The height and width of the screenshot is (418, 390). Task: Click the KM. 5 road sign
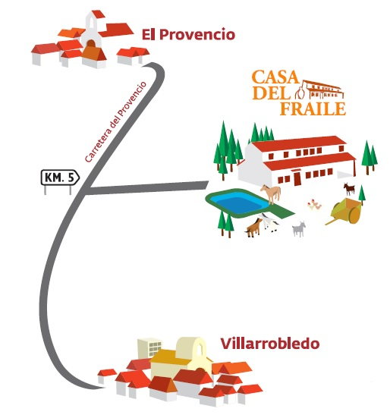coord(60,178)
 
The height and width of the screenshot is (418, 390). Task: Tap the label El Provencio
coord(188,35)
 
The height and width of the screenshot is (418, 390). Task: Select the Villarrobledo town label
coord(270,344)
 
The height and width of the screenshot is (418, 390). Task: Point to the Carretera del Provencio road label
coord(115,121)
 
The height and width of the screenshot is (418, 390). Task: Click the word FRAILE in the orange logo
coord(313,108)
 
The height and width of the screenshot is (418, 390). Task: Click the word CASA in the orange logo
coord(275,77)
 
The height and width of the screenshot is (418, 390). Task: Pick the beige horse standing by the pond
coord(271,193)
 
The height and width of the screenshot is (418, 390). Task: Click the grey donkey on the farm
coord(299,229)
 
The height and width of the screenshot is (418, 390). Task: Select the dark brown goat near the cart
coord(349,189)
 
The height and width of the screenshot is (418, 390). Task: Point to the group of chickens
coord(314,205)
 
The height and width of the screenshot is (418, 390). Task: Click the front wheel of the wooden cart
coord(354,215)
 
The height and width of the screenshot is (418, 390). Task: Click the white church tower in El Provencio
coord(92,30)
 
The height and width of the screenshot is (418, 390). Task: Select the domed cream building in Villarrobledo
coord(192,349)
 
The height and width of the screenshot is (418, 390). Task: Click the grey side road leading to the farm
coord(147,187)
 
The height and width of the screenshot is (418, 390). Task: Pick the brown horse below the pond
coord(253,228)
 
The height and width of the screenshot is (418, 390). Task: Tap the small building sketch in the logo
coord(319,90)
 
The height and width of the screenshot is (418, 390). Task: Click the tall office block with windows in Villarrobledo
coord(149,348)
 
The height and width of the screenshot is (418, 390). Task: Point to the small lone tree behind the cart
coord(361,196)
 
